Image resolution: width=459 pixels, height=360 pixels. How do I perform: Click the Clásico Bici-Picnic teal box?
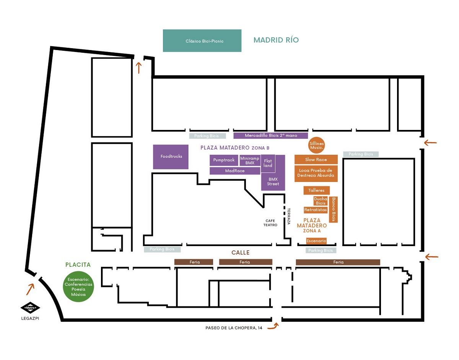click(202, 41)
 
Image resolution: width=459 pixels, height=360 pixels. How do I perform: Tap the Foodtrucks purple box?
click(171, 156)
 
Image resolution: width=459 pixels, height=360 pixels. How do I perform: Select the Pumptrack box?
click(224, 160)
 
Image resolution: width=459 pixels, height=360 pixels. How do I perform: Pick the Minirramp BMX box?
click(249, 161)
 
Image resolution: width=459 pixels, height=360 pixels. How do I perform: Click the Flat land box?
click(268, 163)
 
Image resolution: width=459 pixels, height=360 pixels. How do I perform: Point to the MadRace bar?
click(235, 171)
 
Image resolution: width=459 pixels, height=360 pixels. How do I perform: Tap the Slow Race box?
click(316, 159)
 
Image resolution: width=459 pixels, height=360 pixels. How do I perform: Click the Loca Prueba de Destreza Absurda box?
click(316, 173)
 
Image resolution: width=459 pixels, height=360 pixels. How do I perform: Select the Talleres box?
click(316, 190)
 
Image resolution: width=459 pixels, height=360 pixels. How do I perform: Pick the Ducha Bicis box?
click(320, 201)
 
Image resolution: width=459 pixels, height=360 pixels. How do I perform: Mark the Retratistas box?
click(316, 210)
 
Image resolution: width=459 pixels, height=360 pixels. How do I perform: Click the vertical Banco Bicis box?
click(333, 209)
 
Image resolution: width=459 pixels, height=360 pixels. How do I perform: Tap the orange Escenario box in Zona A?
click(316, 241)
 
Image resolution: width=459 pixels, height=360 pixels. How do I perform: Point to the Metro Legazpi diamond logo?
click(30, 308)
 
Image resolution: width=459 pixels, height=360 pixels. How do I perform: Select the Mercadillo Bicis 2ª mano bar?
click(270, 135)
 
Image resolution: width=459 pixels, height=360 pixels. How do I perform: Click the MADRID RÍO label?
click(276, 40)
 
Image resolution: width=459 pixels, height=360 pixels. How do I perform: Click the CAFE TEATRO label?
click(270, 223)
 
